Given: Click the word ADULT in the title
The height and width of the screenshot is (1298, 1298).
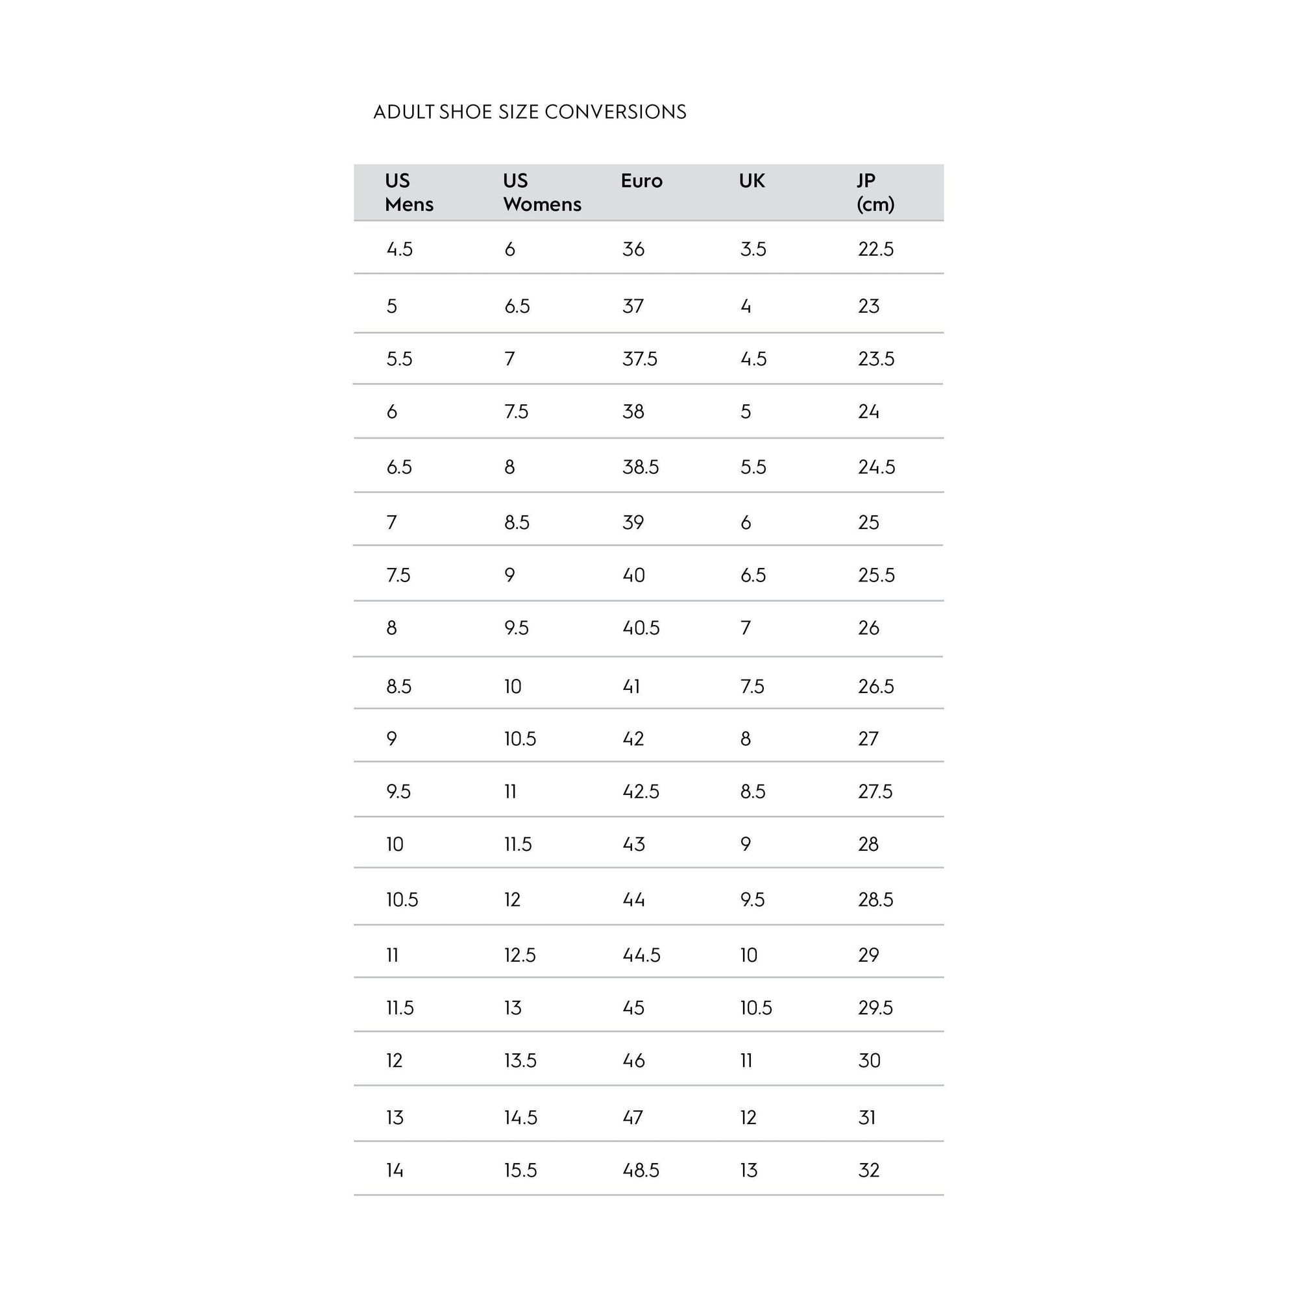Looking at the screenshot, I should pos(404,112).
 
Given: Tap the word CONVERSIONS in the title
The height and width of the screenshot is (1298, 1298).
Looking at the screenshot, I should pos(615,112).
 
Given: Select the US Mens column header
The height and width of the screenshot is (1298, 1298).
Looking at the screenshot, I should pos(409,192).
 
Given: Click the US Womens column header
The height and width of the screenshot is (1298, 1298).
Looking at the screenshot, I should pos(542,192).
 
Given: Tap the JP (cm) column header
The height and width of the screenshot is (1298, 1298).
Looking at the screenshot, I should pos(876,192).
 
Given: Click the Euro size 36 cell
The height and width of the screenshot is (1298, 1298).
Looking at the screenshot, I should pos(633,249).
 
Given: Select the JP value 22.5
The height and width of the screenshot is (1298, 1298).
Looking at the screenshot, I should pos(876,249).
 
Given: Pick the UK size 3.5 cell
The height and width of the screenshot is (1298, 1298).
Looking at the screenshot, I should pos(753,249).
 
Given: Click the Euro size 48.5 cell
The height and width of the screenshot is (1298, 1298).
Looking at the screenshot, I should pos(641,1170).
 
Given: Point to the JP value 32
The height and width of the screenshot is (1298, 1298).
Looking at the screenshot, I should pos(869,1170).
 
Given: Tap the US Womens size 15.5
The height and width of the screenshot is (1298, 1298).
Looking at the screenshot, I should pos(520,1170).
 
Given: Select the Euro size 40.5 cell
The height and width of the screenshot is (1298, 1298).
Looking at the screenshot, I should pos(641,628).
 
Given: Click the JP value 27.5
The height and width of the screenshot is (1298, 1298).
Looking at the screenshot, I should pos(876,791).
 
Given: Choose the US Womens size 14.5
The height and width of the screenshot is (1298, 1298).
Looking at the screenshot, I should pos(520,1118).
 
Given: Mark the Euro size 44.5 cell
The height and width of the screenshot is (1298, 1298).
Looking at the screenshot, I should pos(642,955).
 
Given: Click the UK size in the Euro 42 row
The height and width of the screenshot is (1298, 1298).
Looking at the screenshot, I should pos(746,739).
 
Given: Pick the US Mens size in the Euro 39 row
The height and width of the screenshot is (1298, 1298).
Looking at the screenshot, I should pos(392,522).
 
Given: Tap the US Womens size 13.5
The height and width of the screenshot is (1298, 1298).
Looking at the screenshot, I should pos(520,1061).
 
